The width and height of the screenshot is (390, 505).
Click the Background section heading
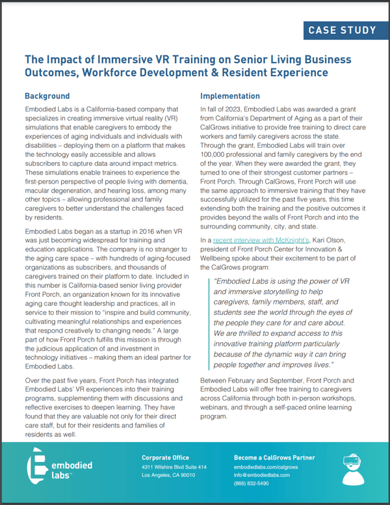49,96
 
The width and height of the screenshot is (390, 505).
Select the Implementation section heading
230,96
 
